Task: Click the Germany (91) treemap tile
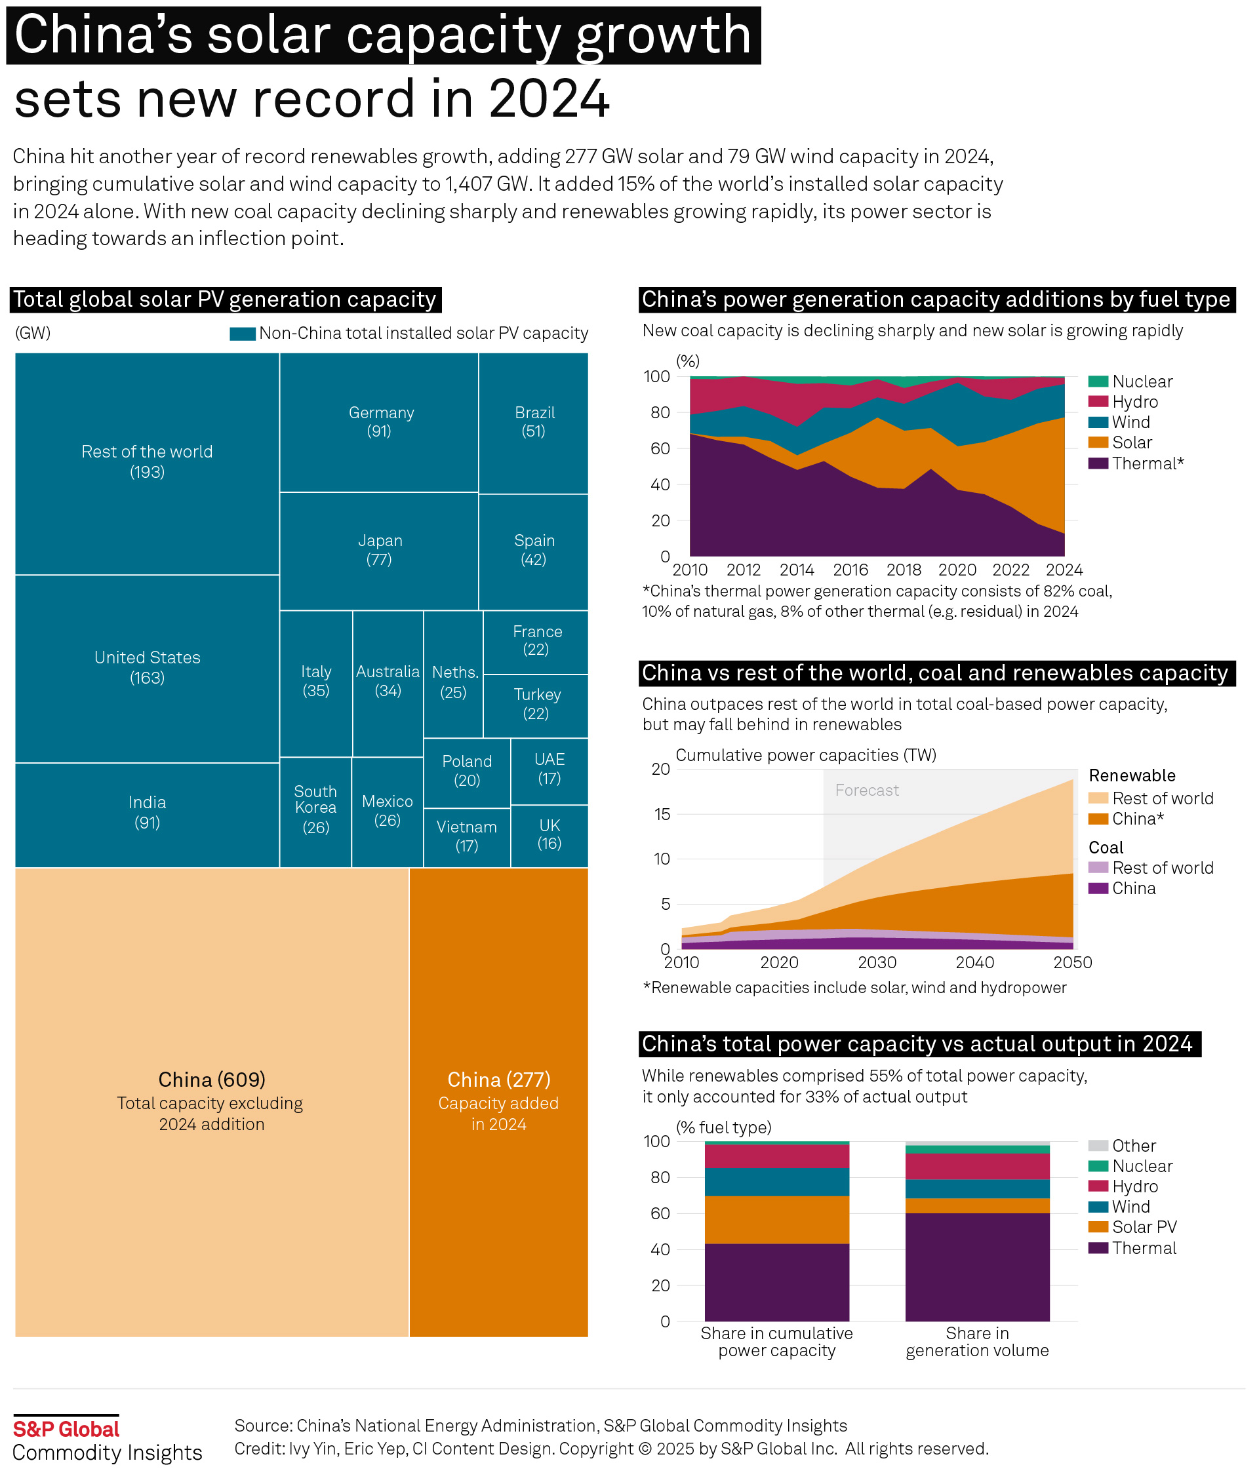tap(379, 422)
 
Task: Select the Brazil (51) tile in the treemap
tap(534, 422)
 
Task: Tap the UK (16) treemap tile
tap(550, 836)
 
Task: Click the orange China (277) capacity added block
tap(499, 1103)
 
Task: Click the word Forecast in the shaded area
tap(867, 791)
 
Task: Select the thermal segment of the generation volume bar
tap(978, 1266)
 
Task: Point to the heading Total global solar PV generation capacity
tap(225, 300)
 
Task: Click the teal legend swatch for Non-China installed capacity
tap(243, 334)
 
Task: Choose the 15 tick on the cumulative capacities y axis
tap(662, 815)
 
